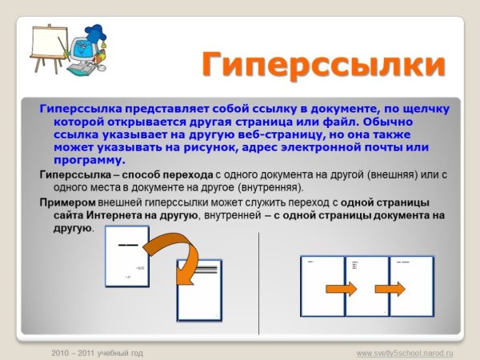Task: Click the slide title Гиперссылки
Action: tap(322, 65)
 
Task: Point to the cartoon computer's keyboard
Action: tap(80, 70)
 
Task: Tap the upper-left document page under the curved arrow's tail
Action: tap(127, 262)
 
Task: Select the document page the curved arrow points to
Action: tap(199, 293)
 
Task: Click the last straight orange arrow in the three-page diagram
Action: tap(387, 286)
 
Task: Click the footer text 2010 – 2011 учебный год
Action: tap(97, 352)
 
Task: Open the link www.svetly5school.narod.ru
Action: tap(405, 352)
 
